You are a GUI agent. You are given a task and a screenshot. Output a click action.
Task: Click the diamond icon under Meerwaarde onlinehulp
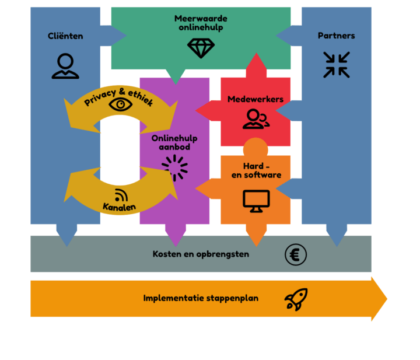(x=201, y=48)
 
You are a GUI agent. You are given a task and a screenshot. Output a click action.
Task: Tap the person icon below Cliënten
(x=65, y=66)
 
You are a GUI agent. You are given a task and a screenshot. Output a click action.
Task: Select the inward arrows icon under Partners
(x=337, y=64)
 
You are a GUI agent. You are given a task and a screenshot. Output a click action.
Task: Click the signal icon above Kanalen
(x=121, y=195)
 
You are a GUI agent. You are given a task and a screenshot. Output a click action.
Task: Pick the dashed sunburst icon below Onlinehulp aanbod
(x=175, y=168)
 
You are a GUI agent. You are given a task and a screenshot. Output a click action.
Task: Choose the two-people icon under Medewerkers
(x=256, y=119)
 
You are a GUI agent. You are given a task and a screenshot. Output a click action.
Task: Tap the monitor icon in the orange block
(x=256, y=201)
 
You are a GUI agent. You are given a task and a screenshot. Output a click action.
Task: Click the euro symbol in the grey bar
(x=296, y=254)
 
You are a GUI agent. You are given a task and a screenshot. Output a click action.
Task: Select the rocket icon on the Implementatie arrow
(x=296, y=299)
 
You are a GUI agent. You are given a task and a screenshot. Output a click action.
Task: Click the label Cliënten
(x=65, y=36)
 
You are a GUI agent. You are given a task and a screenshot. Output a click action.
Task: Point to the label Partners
(x=336, y=36)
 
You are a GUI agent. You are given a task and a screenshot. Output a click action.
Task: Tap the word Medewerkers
(x=256, y=99)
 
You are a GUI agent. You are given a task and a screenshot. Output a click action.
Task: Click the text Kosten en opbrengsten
(x=201, y=254)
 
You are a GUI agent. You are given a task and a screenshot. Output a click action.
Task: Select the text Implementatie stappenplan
(x=201, y=298)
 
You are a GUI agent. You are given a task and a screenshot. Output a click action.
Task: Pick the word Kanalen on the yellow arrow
(x=119, y=207)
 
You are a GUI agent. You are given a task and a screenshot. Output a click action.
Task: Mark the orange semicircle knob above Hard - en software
(x=256, y=146)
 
